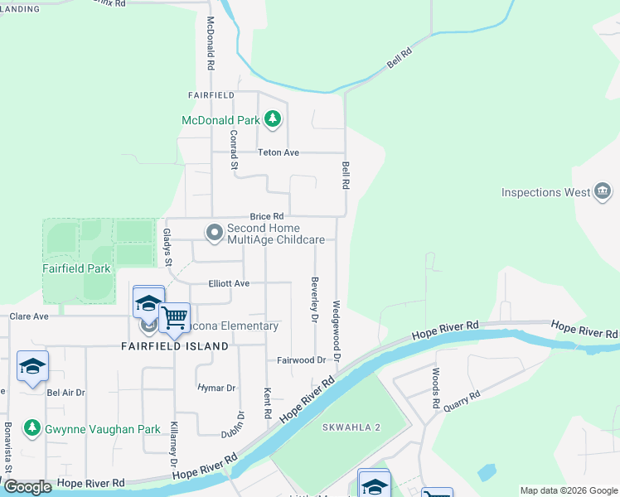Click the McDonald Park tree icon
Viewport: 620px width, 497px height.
274,119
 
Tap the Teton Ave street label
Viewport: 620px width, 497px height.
279,152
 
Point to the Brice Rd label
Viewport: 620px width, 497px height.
267,216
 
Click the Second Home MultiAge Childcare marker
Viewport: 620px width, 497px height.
215,233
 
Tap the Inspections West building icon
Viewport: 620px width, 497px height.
603,192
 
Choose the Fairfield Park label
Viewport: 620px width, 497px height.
76,268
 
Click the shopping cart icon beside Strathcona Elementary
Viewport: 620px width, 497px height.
174,318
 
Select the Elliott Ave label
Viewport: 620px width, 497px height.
230,282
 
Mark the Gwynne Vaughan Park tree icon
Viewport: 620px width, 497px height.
32,428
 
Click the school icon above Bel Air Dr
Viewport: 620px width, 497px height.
32,366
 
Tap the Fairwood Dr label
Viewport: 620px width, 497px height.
302,360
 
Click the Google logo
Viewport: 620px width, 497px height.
28,487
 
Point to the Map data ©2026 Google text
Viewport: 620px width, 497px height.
568,490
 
